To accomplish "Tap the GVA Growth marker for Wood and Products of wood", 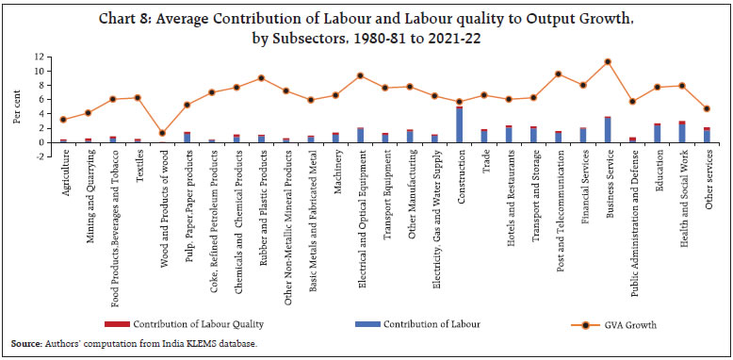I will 162,133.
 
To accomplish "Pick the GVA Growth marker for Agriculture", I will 63,120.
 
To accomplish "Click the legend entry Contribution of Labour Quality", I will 206,323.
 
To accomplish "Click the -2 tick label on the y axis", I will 41,155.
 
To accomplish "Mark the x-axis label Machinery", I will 335,172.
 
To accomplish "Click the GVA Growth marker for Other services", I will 707,108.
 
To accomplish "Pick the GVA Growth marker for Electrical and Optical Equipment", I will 360,75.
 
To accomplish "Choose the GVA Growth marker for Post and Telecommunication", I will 559,74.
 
